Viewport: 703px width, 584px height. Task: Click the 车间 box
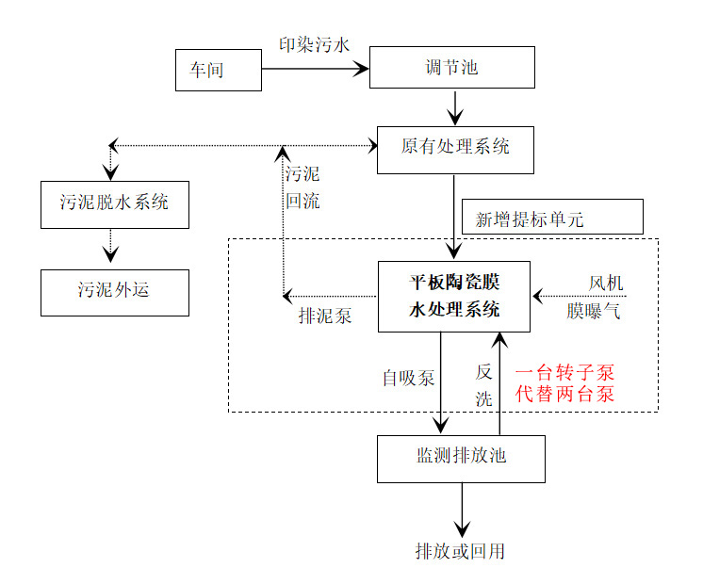point(218,71)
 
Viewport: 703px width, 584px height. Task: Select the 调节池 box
point(451,67)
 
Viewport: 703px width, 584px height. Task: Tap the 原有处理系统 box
point(455,149)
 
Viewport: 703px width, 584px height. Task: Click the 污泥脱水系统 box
point(114,203)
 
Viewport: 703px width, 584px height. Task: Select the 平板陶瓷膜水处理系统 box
point(453,296)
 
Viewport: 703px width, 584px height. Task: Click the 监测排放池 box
point(461,458)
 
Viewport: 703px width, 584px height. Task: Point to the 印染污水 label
point(315,45)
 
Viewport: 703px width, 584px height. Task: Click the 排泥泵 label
point(325,316)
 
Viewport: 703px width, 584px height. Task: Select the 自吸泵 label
point(408,379)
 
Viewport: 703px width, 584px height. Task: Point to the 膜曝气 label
point(594,311)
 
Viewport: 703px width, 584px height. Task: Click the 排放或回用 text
point(460,551)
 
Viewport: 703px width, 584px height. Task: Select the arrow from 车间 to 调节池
point(315,69)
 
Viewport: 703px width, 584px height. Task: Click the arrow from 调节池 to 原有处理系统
point(455,107)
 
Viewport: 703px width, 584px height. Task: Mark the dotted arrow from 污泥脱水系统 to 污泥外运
point(111,248)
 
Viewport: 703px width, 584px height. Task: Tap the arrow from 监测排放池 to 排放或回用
point(462,509)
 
